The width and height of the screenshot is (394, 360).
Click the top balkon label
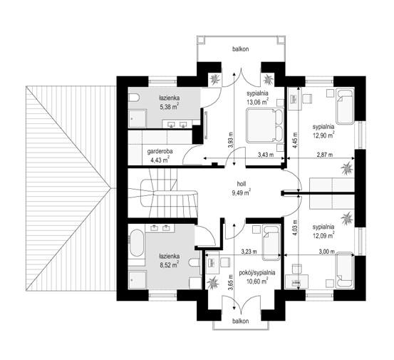[241, 49]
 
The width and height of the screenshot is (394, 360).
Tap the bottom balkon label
[241, 321]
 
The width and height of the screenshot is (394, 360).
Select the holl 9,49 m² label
[241, 188]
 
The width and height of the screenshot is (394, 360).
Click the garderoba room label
[160, 151]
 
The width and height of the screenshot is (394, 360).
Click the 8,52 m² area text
[169, 264]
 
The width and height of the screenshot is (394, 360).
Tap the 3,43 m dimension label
[266, 155]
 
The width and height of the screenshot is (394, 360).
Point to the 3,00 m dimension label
[326, 252]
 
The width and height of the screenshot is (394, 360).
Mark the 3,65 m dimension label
[231, 282]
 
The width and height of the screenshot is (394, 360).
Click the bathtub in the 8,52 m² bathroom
[137, 243]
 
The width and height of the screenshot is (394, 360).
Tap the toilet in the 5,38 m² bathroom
[133, 98]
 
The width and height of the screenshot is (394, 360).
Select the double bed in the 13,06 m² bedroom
[265, 125]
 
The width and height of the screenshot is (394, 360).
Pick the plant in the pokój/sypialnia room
[213, 282]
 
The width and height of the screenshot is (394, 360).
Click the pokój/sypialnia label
[257, 273]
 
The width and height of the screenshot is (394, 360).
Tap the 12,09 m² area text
[323, 236]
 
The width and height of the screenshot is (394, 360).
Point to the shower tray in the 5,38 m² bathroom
[138, 118]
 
